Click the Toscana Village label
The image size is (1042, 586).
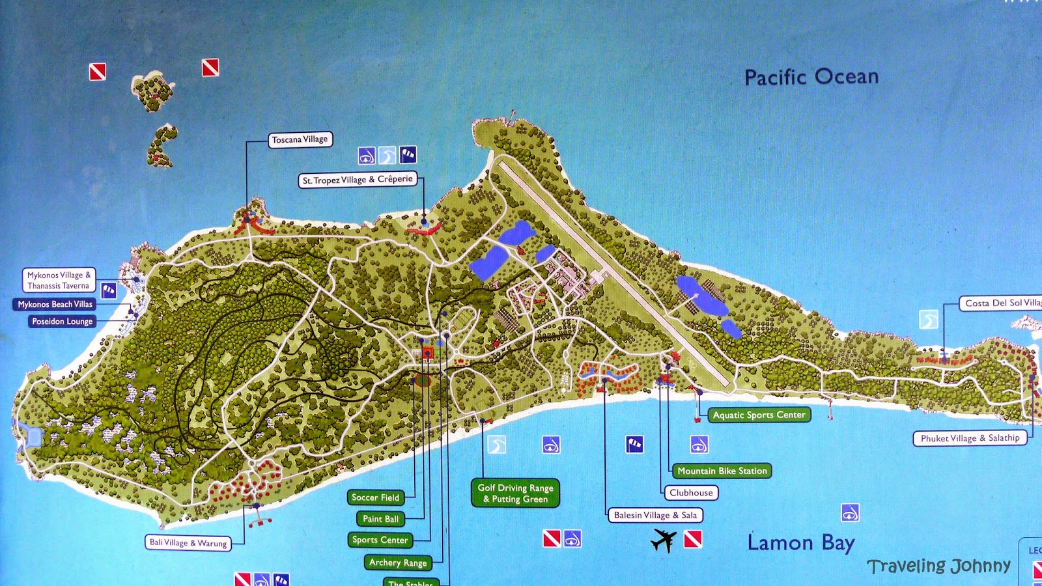click(300, 139)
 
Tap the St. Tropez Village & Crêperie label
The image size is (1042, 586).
click(358, 180)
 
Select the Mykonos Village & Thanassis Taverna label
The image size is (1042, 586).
click(59, 280)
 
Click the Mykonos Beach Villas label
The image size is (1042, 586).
click(55, 304)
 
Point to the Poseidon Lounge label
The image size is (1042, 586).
click(62, 321)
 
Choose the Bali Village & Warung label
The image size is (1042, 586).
click(188, 542)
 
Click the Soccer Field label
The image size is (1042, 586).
click(375, 497)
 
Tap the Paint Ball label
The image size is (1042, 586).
click(380, 519)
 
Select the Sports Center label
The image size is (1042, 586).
click(380, 540)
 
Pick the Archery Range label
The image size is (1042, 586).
click(397, 563)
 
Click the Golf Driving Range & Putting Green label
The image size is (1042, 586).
click(515, 493)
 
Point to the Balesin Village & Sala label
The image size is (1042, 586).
click(655, 515)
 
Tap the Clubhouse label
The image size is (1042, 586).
click(691, 493)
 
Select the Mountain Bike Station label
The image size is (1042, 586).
click(722, 471)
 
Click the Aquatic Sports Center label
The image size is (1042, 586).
click(759, 415)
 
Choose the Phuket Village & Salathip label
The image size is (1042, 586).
click(970, 438)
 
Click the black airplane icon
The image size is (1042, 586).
click(664, 540)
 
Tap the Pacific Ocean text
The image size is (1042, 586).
click(811, 77)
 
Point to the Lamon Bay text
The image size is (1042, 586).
click(800, 542)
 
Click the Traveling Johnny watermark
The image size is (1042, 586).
click(938, 566)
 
